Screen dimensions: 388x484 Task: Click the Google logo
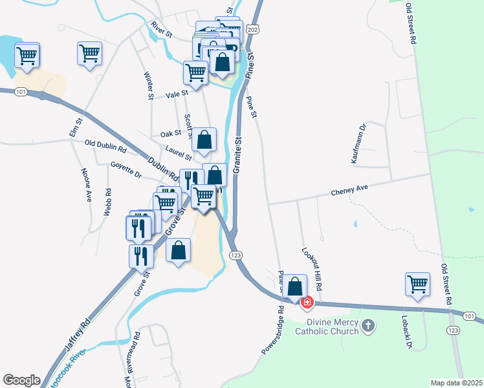point(21,380)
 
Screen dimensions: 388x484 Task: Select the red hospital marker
point(305,302)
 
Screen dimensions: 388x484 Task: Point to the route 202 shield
point(253,30)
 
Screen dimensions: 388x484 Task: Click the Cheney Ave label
point(349,189)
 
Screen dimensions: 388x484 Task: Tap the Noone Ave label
point(86,186)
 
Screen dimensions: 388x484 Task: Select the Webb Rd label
point(109,202)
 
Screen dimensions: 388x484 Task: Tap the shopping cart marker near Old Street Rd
point(418,283)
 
